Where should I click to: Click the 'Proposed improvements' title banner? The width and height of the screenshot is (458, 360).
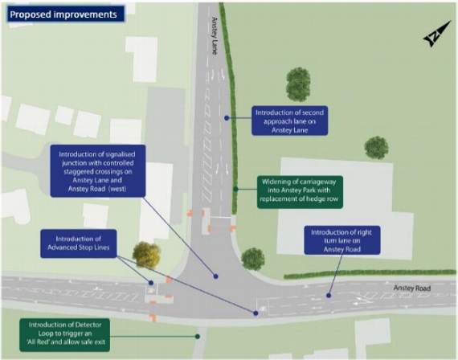pos(65,14)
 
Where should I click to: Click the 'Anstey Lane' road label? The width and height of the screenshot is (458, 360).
pos(215,35)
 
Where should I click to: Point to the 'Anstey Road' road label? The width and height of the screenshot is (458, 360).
pos(412,288)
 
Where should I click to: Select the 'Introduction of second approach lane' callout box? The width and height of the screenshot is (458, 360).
pos(289,121)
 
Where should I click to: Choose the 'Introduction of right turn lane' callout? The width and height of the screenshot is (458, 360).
pos(342,240)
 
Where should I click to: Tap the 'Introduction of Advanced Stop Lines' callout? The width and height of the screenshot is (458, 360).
pos(79,243)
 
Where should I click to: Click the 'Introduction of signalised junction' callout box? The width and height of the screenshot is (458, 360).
pos(98,171)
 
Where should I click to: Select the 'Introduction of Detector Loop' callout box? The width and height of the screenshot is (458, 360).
pos(65,335)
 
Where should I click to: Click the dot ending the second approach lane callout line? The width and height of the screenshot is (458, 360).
pos(227,118)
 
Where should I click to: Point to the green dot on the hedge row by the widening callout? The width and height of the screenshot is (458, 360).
pos(236,190)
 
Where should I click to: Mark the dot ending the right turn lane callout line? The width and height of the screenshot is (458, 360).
pos(329,296)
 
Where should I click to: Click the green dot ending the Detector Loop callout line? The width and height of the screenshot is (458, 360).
pos(198,337)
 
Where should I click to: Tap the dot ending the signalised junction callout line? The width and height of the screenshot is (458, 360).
pos(215,276)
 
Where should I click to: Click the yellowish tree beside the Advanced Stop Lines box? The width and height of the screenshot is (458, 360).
pos(146,255)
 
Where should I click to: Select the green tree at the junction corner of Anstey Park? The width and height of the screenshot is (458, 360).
pos(253,259)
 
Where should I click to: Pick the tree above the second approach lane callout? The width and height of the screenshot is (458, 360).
pos(298,84)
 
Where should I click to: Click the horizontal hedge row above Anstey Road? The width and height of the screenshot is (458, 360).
pos(370,274)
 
